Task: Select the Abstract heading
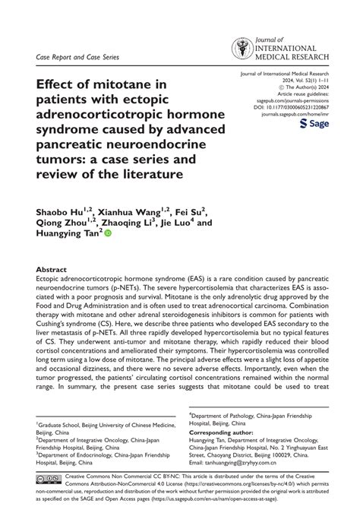point(52,270)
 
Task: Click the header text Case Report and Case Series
point(79,57)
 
